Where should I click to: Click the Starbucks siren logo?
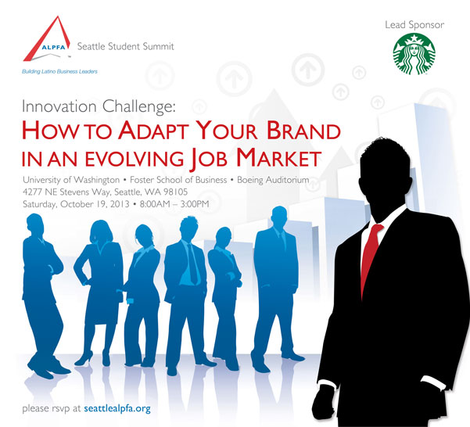(414, 54)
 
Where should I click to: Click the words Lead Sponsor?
(414, 25)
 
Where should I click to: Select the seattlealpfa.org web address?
(117, 409)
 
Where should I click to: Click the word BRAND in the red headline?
(303, 131)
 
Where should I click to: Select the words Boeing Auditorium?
(273, 180)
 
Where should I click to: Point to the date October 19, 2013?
(95, 204)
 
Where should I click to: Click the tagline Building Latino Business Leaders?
(59, 72)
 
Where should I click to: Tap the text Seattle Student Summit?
(126, 46)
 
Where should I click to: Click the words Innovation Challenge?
(99, 107)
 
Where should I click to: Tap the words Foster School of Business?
(178, 180)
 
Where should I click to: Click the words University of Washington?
(71, 180)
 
